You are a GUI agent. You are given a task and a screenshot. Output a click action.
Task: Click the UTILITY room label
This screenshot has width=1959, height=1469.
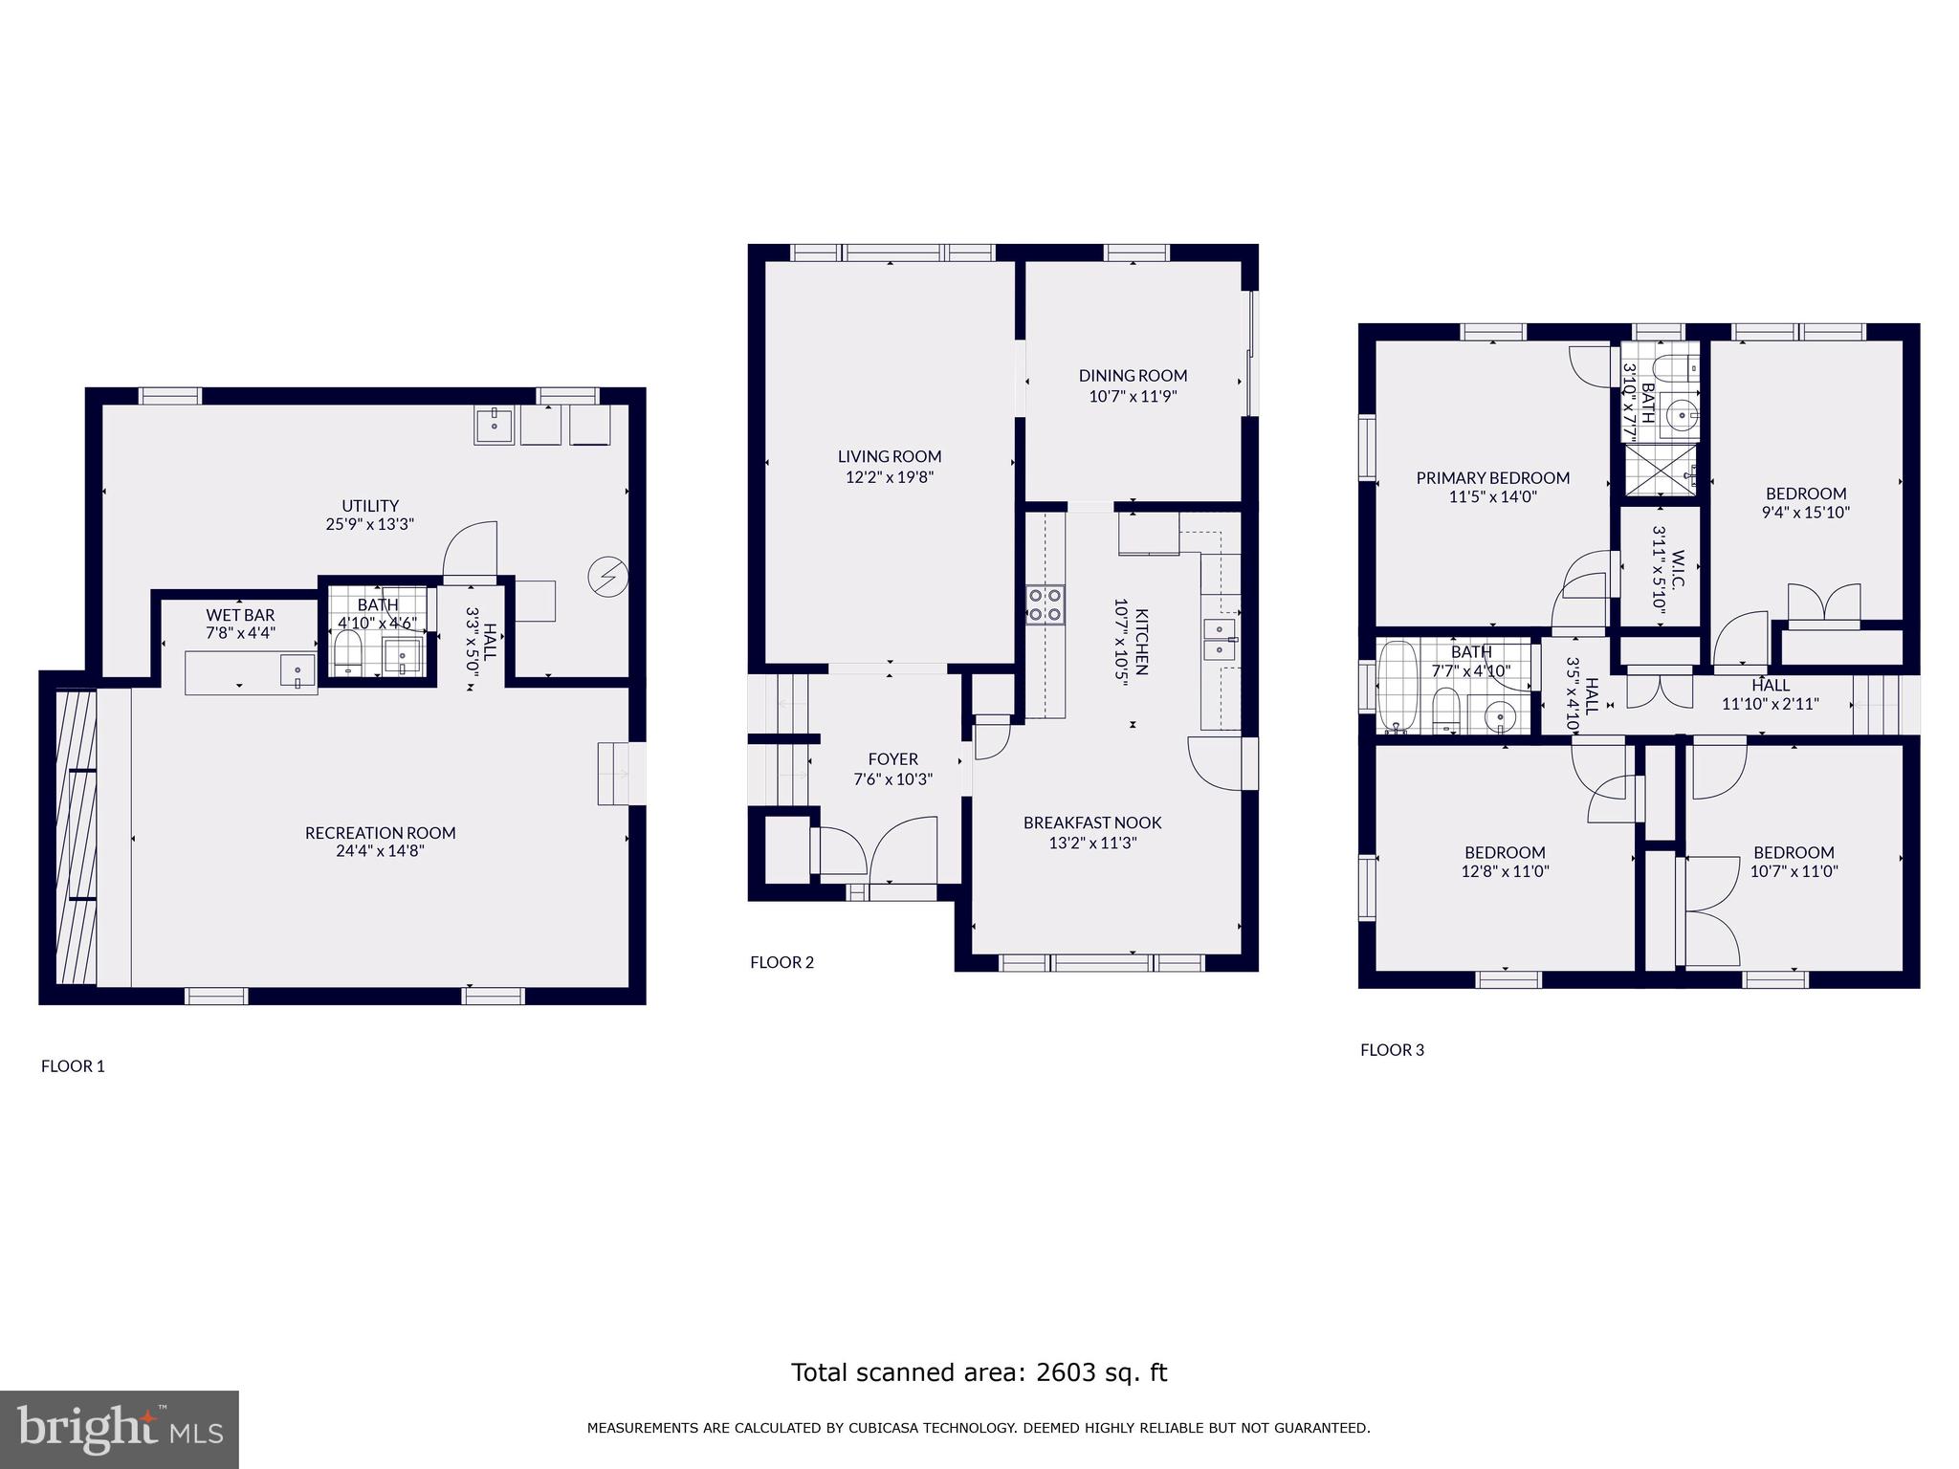coord(370,506)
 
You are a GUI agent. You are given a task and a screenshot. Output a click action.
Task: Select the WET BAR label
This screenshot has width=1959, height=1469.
coord(240,615)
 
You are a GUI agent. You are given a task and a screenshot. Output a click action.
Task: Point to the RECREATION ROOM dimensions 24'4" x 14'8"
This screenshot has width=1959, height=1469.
coord(380,850)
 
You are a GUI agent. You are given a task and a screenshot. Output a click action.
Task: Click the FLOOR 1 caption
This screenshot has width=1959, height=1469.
coord(73,1066)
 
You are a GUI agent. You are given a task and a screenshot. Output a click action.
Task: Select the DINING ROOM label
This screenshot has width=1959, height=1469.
coord(1133,376)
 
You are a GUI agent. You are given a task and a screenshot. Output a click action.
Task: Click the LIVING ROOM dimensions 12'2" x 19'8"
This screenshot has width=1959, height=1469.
coord(889,476)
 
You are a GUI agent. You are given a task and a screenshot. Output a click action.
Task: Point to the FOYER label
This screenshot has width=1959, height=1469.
coord(892,759)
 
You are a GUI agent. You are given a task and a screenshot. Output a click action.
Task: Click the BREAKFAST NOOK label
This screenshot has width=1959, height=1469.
coord(1092,822)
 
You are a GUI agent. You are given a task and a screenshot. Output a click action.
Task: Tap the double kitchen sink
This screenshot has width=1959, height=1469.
coord(1220,639)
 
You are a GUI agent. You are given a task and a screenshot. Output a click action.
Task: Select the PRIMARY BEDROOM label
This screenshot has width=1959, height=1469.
coord(1492,478)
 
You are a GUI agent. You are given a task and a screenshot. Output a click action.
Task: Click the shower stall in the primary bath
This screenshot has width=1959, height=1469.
coord(1659,471)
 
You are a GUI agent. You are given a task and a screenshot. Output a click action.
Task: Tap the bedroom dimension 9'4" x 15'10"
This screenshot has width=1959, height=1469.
coord(1806,513)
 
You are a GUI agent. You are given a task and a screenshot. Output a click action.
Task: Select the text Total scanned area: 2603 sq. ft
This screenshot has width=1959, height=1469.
coord(979,1372)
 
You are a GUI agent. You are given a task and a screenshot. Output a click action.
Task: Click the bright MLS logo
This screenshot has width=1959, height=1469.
coord(119,1429)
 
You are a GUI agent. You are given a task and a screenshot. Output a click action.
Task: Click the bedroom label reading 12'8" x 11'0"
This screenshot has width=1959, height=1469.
coord(1505,871)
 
